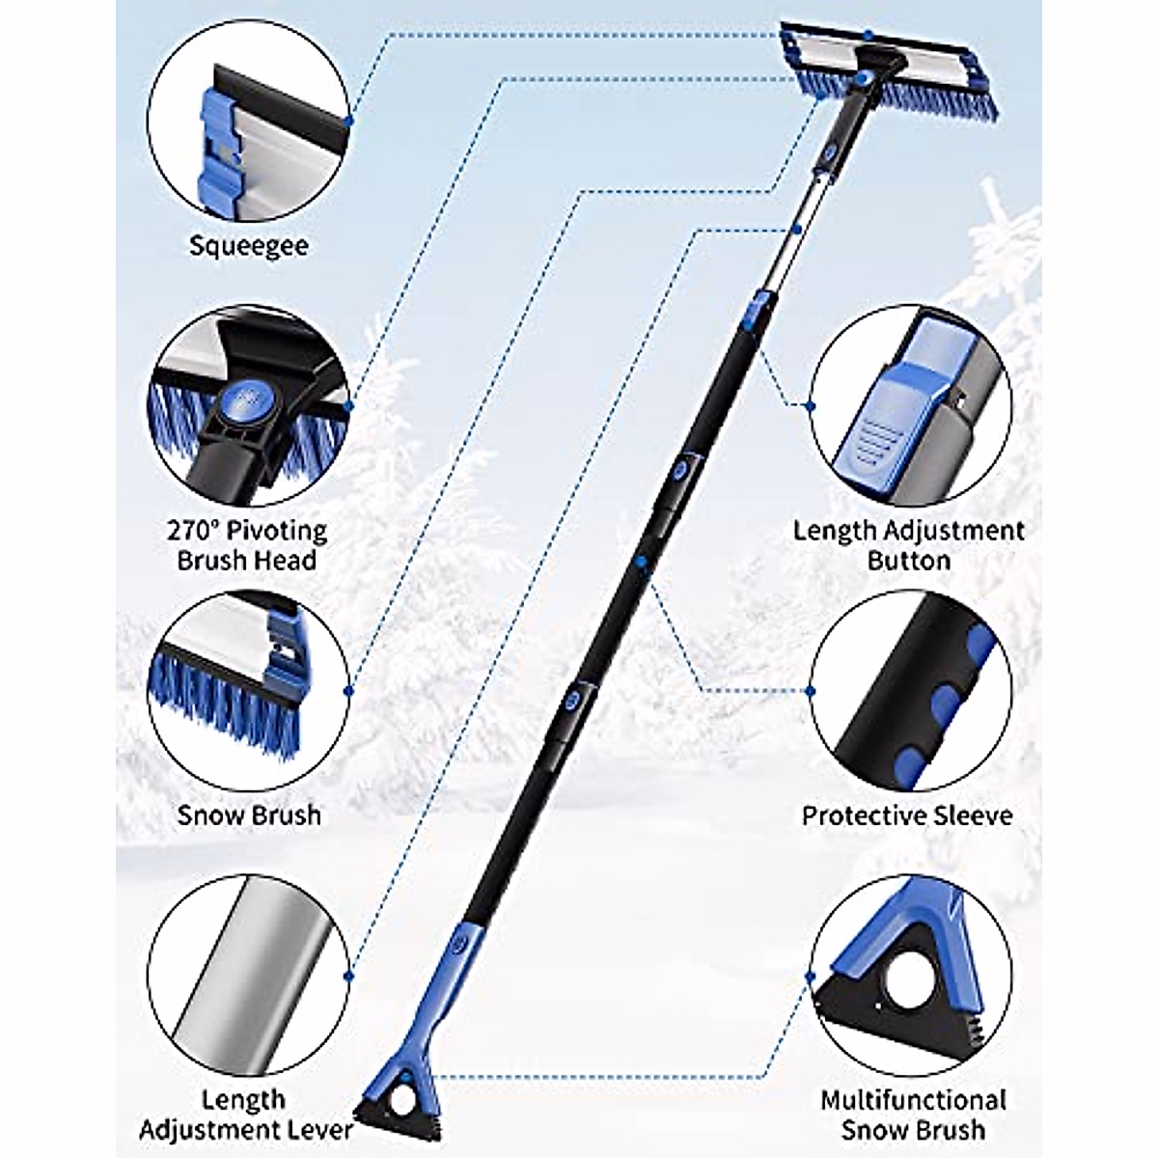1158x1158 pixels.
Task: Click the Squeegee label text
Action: click(249, 245)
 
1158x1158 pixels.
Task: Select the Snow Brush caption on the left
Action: click(249, 814)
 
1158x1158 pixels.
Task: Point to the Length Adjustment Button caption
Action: click(908, 544)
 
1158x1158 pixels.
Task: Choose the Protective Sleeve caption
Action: click(907, 814)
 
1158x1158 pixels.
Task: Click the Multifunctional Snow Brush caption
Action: click(913, 1114)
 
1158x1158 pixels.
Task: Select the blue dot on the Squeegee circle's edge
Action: click(348, 121)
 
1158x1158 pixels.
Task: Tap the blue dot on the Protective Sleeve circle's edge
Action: click(810, 691)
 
